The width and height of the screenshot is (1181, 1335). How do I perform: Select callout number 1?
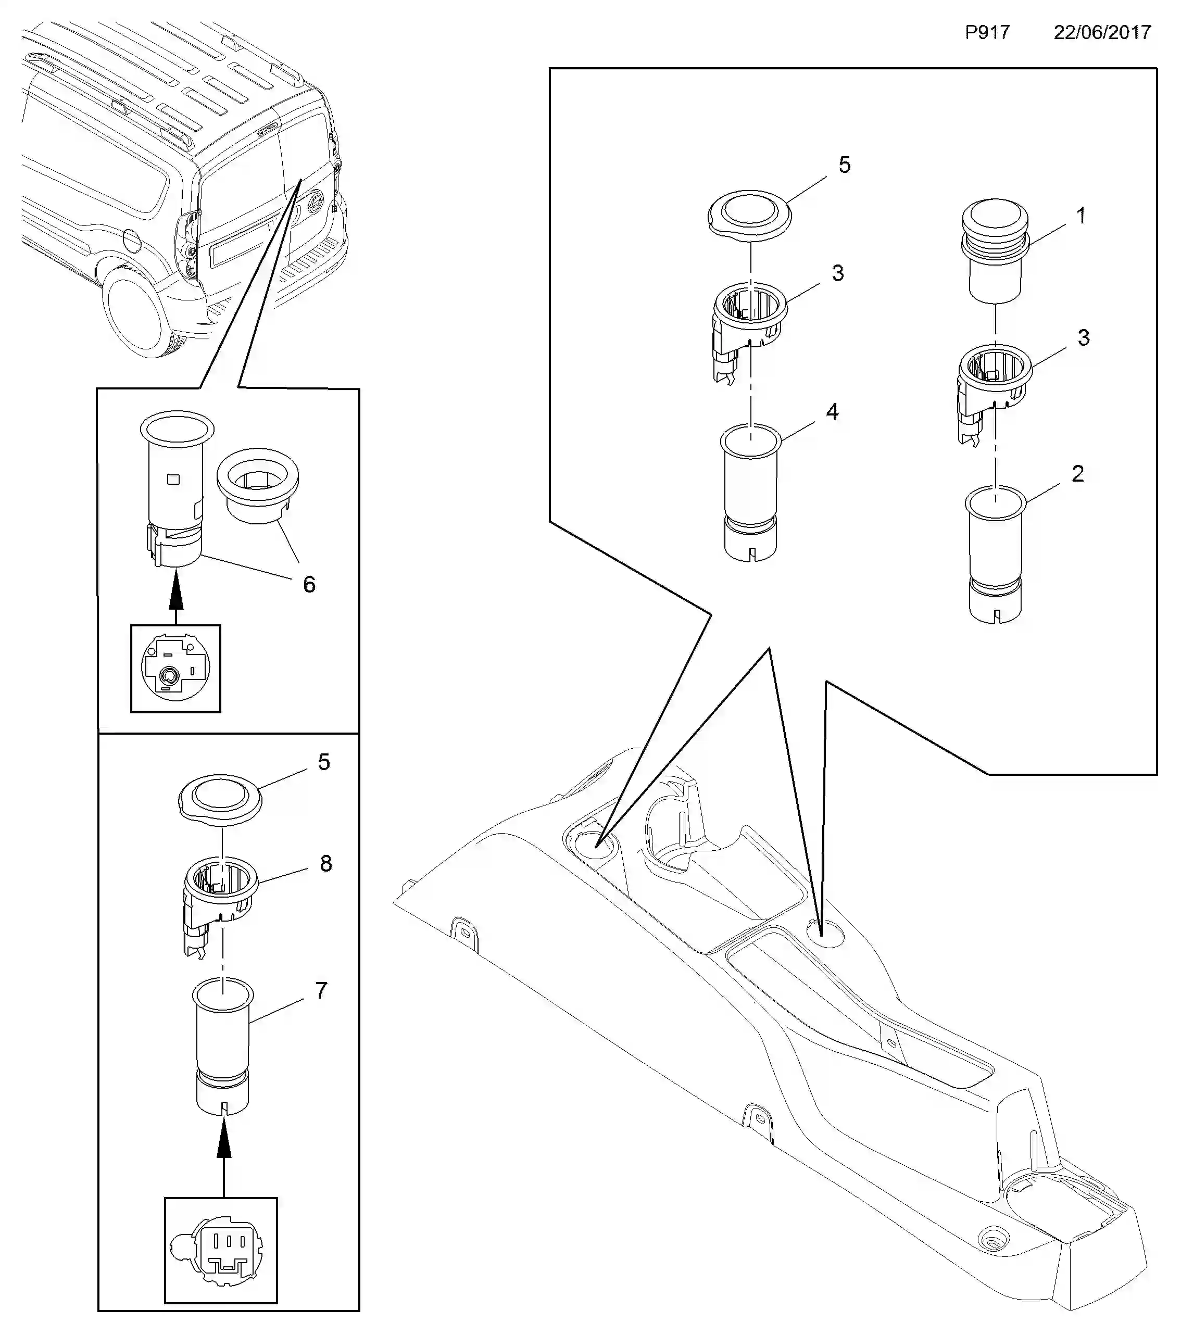(x=1081, y=216)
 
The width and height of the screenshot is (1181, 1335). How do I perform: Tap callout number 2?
(x=1077, y=473)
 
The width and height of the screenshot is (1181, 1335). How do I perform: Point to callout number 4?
(x=832, y=411)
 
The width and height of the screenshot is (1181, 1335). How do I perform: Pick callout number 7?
(x=321, y=991)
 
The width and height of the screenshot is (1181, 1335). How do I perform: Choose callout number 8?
(x=325, y=863)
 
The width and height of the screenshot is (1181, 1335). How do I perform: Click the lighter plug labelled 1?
(x=995, y=251)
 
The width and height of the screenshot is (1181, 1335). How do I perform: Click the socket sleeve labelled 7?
(x=223, y=1047)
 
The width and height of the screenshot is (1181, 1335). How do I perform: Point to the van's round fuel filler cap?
(x=131, y=241)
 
